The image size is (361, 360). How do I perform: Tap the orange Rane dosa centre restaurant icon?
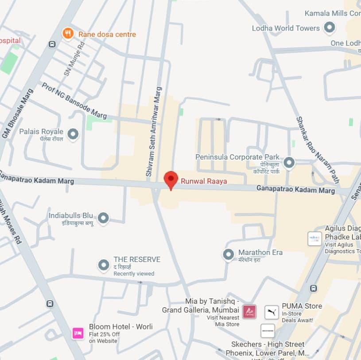tap(67, 34)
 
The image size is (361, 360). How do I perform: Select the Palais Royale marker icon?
tap(73, 134)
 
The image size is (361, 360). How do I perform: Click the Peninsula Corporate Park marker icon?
tap(289, 163)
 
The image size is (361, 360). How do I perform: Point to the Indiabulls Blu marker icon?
tap(103, 218)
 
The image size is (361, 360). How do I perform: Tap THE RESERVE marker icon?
tap(104, 265)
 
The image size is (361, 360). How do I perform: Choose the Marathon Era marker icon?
tap(228, 254)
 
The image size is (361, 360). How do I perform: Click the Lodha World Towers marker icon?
tap(329, 28)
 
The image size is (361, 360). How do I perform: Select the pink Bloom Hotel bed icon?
tap(78, 333)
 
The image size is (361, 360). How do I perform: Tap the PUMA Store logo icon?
tap(272, 312)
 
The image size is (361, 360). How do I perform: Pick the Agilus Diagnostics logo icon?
tap(314, 239)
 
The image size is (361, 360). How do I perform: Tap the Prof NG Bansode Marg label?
tap(74, 101)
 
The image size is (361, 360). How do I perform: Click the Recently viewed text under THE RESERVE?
tap(134, 274)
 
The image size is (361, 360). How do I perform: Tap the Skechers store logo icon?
tap(268, 331)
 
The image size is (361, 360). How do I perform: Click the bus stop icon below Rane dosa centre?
tap(52, 44)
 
